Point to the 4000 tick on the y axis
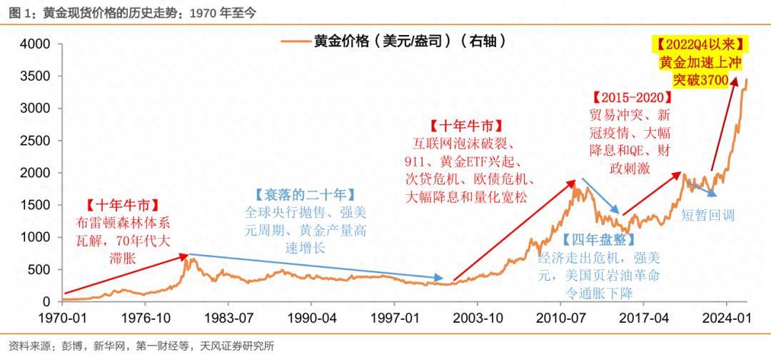pyautogui.click(x=34, y=44)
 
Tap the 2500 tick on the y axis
pyautogui.click(x=34, y=141)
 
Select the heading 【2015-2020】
pyautogui.click(x=632, y=97)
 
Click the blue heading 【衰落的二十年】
pyautogui.click(x=304, y=195)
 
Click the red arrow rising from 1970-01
pyautogui.click(x=125, y=274)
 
